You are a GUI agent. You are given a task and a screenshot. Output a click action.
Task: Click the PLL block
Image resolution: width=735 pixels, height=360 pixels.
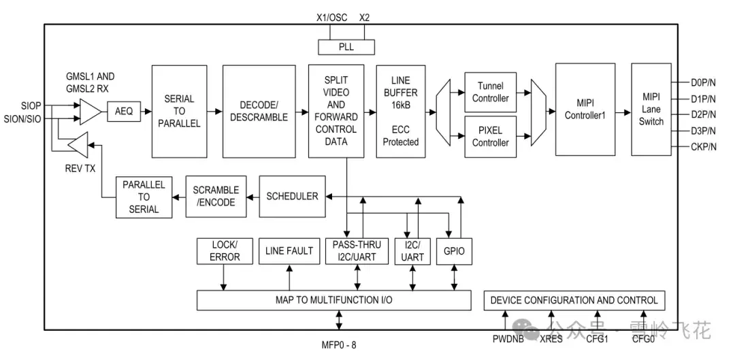(346, 48)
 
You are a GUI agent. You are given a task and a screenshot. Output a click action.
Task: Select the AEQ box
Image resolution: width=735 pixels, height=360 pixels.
(124, 112)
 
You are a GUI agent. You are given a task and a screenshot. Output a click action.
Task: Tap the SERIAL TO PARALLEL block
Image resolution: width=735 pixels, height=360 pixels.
(179, 111)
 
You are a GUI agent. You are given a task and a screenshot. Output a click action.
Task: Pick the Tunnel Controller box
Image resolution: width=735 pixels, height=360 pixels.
(490, 93)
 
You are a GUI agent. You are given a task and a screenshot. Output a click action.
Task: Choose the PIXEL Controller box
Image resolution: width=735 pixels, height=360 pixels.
(490, 136)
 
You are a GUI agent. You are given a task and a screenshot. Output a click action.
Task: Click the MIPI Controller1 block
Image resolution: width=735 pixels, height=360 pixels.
(585, 109)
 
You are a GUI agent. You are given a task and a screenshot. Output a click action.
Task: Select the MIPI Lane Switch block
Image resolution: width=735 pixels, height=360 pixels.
(651, 109)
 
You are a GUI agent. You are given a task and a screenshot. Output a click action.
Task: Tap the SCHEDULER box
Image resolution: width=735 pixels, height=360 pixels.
(292, 197)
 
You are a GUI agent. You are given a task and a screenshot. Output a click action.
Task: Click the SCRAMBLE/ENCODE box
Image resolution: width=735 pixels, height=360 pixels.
(216, 197)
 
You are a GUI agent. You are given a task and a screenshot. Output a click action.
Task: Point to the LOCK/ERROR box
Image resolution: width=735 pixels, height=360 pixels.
(225, 251)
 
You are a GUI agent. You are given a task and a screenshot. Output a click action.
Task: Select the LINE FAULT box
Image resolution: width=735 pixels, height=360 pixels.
(289, 251)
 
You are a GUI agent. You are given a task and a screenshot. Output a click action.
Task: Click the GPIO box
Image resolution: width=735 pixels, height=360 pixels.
(454, 251)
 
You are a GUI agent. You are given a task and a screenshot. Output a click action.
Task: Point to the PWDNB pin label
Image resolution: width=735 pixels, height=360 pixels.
(508, 339)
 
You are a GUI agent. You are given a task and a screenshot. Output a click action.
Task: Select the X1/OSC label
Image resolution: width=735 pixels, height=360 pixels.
(332, 18)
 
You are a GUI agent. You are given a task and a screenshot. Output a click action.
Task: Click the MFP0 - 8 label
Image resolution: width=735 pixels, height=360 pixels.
(338, 346)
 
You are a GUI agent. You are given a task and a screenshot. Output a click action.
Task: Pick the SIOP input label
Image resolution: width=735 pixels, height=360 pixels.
(31, 105)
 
